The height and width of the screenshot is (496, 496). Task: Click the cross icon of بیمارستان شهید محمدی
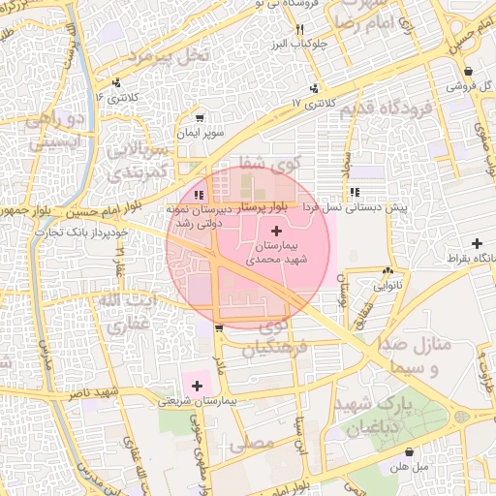279,231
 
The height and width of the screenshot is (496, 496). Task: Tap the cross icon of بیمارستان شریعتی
198,386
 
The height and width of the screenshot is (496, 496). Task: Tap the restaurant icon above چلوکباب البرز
302,29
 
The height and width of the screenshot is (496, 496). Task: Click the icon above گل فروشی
469,72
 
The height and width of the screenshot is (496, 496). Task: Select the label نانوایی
389,286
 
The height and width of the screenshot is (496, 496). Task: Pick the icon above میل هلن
410,451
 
